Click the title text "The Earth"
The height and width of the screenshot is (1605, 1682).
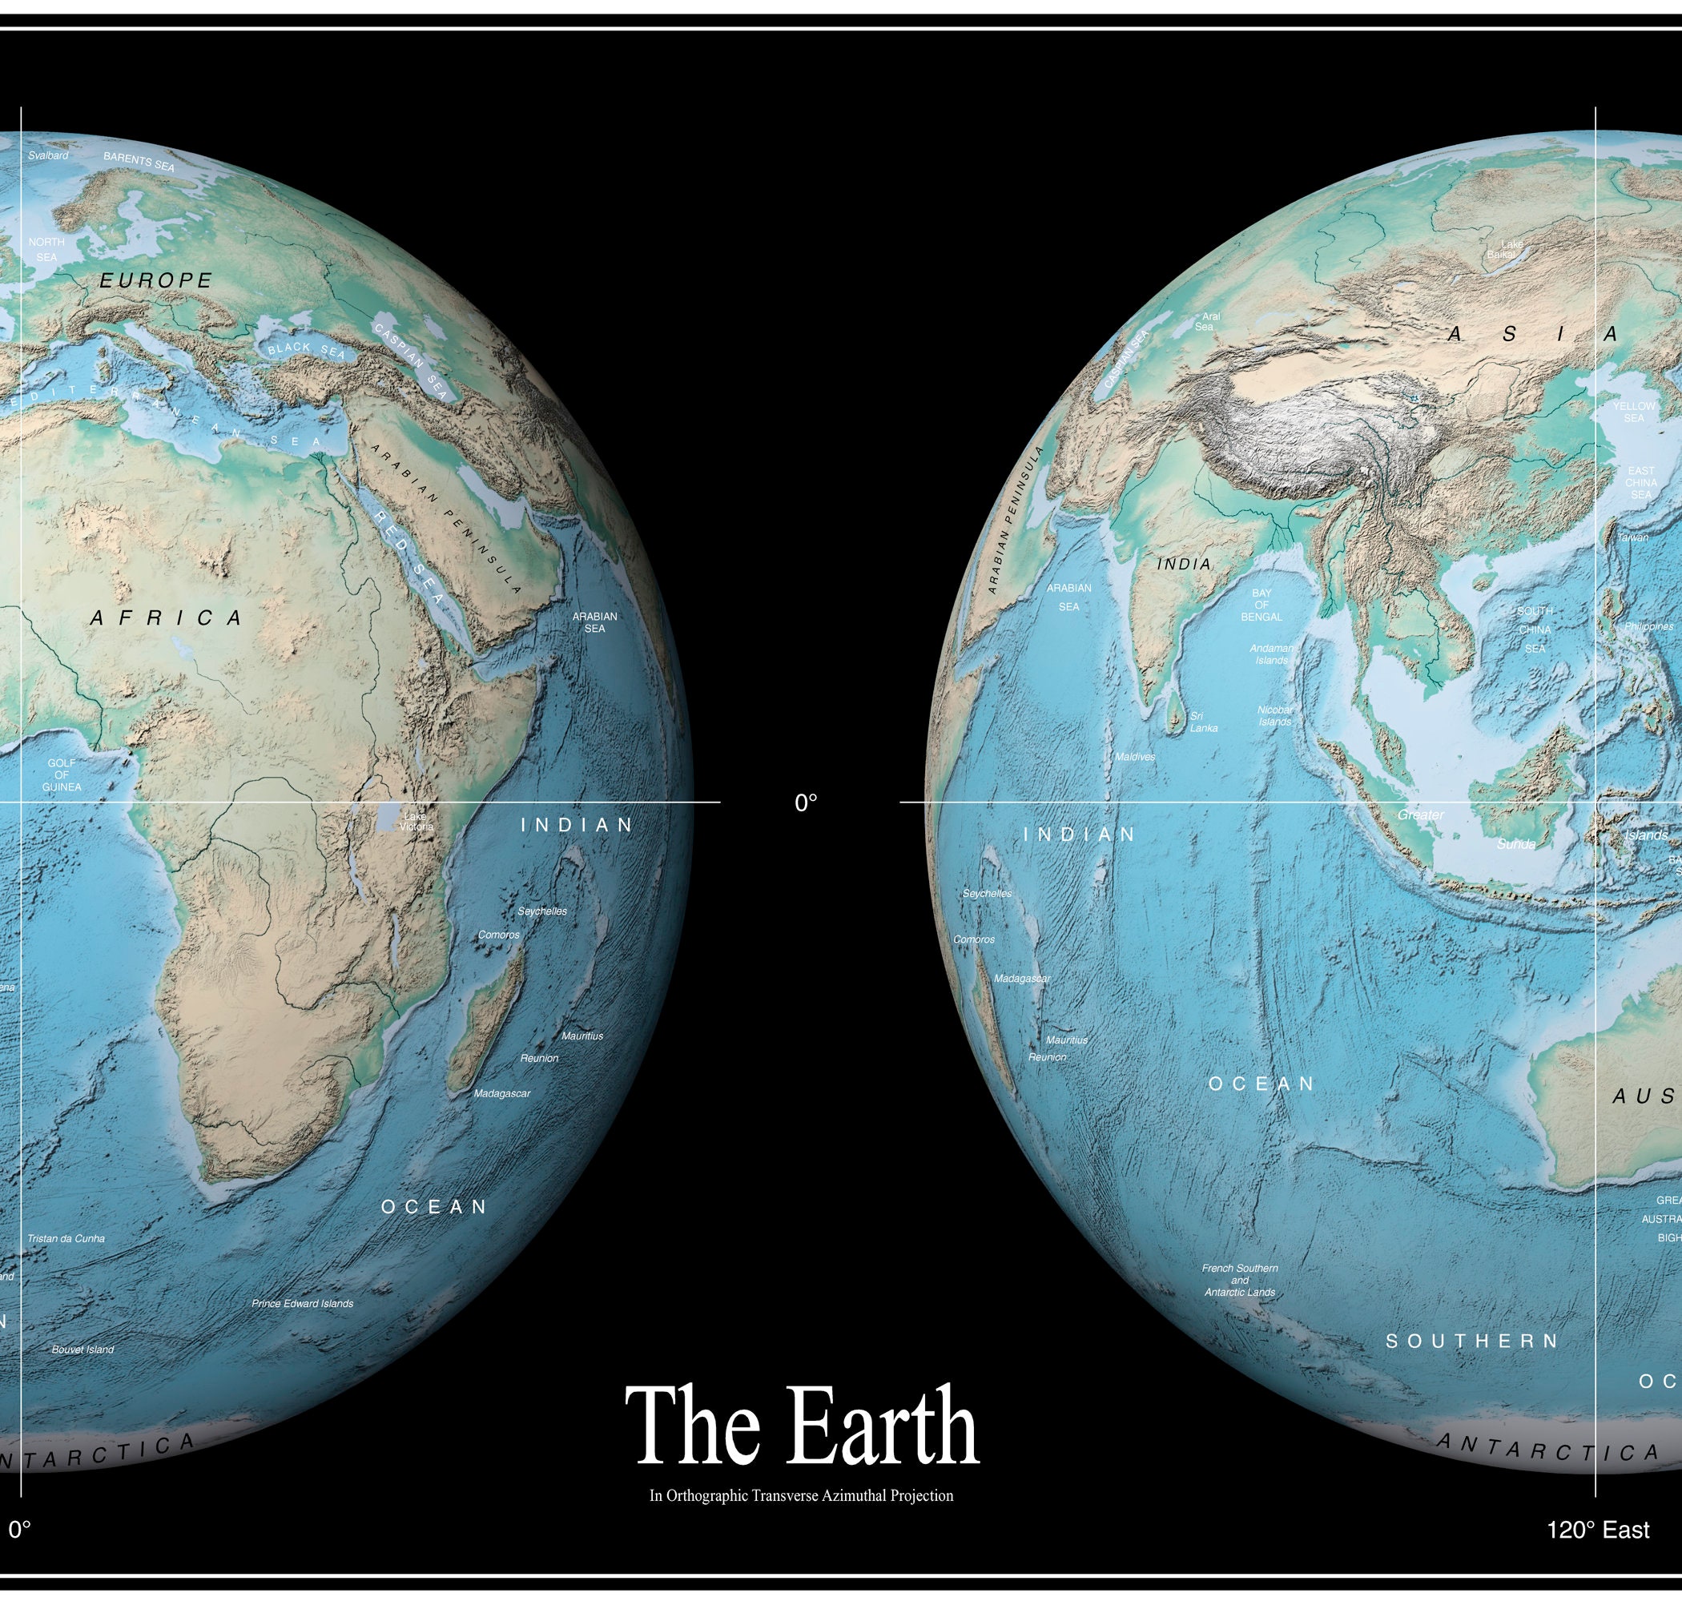click(x=802, y=1426)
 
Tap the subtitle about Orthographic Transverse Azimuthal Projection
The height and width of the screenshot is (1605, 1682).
click(x=801, y=1495)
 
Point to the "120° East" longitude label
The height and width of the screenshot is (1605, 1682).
click(x=1597, y=1530)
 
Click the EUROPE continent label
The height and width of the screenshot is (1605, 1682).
click(x=155, y=280)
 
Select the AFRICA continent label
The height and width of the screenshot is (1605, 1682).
click(x=167, y=617)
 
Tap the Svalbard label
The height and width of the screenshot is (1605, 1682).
click(x=48, y=155)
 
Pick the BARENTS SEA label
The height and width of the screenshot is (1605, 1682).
click(x=139, y=161)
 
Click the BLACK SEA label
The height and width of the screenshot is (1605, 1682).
click(x=306, y=350)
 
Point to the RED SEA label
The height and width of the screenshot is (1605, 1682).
click(x=409, y=557)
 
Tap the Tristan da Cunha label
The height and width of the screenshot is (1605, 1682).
click(x=66, y=1238)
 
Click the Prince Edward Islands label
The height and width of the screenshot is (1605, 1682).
click(x=302, y=1303)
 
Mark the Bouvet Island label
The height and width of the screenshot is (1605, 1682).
click(x=82, y=1350)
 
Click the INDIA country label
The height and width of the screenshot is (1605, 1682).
click(x=1184, y=565)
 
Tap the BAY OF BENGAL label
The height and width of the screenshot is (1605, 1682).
click(x=1262, y=605)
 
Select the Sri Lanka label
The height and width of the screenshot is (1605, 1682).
click(x=1203, y=722)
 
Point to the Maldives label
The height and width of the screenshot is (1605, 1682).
click(x=1135, y=757)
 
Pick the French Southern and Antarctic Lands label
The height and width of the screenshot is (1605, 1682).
click(x=1240, y=1280)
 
